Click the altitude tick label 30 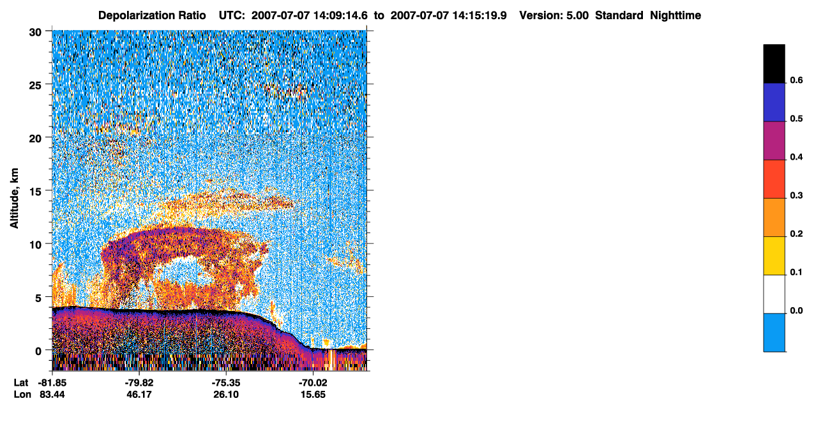point(35,33)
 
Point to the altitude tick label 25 point(35,86)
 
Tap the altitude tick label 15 point(35,192)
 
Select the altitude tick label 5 point(38,298)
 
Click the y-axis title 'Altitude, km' point(14,199)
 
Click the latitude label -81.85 point(52,383)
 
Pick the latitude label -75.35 point(226,383)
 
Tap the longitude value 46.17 point(139,394)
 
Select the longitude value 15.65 point(313,394)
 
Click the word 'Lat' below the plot point(21,383)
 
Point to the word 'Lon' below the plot point(22,394)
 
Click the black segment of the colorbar point(774,64)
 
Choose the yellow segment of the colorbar point(774,256)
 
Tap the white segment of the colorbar point(774,294)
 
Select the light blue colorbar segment point(774,333)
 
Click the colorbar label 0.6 point(796,80)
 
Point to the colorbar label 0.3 point(796,195)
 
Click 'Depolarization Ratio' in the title point(152,15)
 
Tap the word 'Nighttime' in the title point(675,15)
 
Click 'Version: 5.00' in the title point(554,15)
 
